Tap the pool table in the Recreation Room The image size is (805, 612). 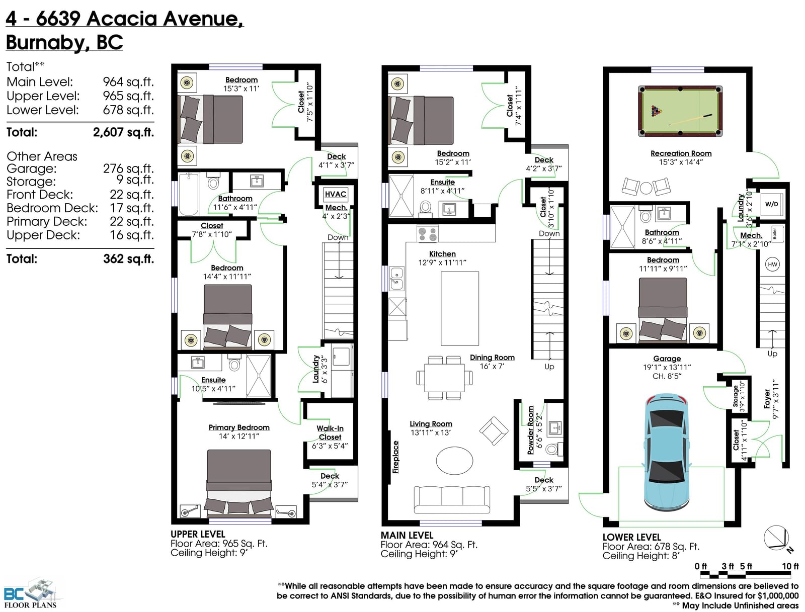pyautogui.click(x=680, y=111)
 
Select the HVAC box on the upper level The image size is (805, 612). pyautogui.click(x=335, y=194)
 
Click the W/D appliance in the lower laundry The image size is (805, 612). pyautogui.click(x=772, y=205)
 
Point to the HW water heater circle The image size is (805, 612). pyautogui.click(x=772, y=264)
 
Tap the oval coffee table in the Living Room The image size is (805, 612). pyautogui.click(x=454, y=460)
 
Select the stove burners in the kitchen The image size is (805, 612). pyautogui.click(x=427, y=234)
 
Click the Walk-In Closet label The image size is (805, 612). pyautogui.click(x=330, y=433)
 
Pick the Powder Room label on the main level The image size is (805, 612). pyautogui.click(x=530, y=430)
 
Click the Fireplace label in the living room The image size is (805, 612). pyautogui.click(x=395, y=457)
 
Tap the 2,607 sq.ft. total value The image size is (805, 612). pyautogui.click(x=123, y=132)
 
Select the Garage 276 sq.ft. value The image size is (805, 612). pyautogui.click(x=128, y=168)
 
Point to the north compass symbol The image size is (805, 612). pyautogui.click(x=776, y=538)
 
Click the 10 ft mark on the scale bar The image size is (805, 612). pyautogui.click(x=790, y=566)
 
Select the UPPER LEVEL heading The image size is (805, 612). pyautogui.click(x=198, y=534)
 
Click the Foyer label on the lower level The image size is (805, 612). pyautogui.click(x=767, y=399)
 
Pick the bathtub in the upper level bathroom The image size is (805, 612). pyautogui.click(x=189, y=194)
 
